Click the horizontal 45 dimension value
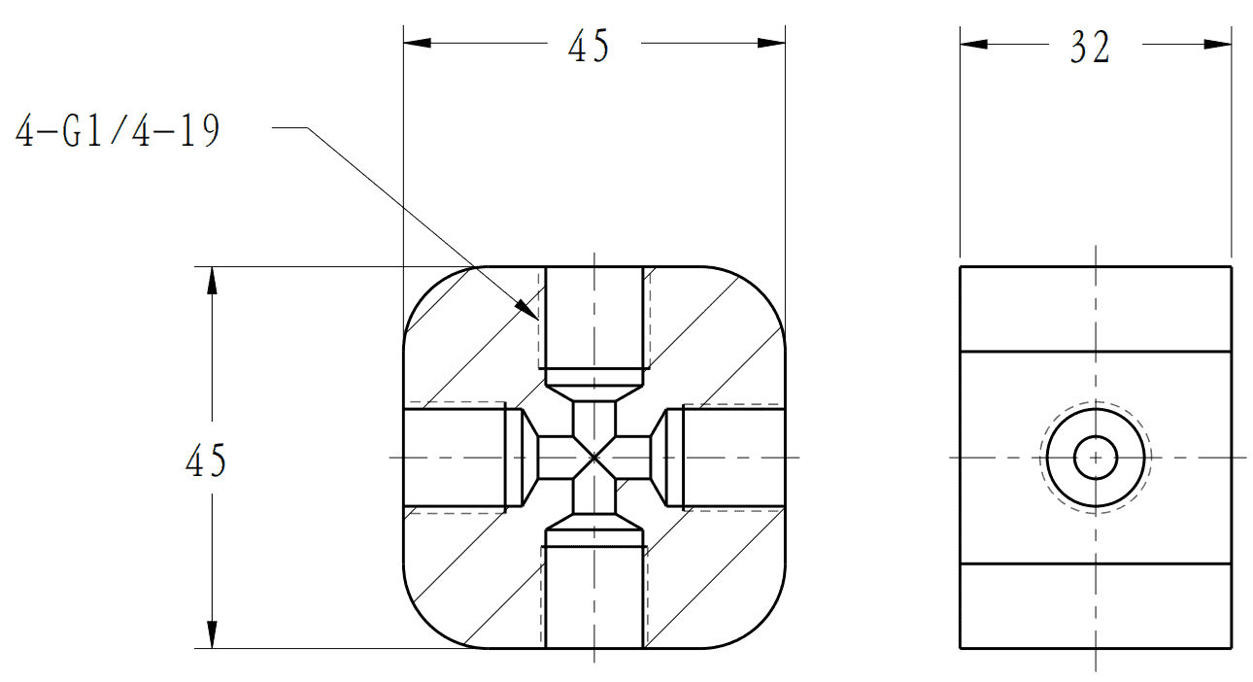click(x=589, y=46)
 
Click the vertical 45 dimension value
click(x=206, y=460)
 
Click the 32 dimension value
click(x=1090, y=47)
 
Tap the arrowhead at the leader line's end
click(x=526, y=310)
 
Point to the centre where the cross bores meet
click(x=593, y=457)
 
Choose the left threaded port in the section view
click(x=455, y=458)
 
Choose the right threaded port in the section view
click(x=733, y=458)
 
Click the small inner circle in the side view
click(x=1096, y=457)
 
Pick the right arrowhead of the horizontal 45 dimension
click(x=771, y=43)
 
